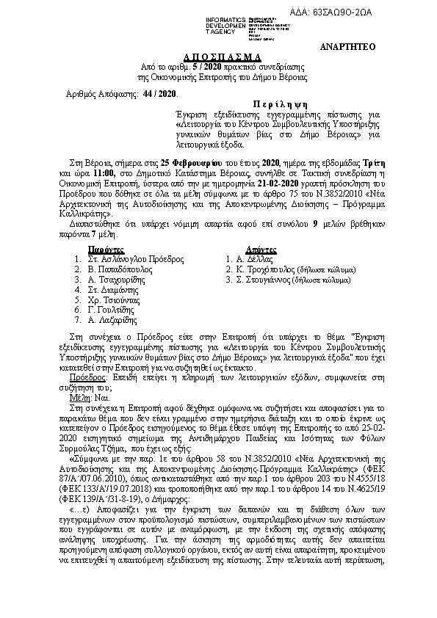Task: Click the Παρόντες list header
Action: (x=106, y=249)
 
